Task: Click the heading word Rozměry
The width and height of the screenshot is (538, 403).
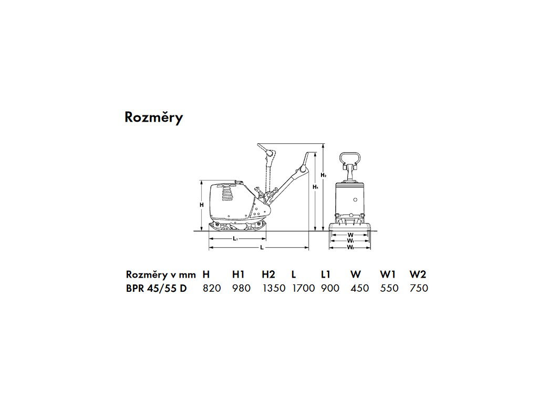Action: coord(153,118)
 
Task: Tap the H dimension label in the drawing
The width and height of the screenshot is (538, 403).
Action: coord(202,205)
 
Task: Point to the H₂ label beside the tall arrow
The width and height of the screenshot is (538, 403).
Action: coord(324,175)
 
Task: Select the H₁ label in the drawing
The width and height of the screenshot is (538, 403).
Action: coord(315,186)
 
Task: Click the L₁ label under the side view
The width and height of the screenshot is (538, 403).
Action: coord(235,239)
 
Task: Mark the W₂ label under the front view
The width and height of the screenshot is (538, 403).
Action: coord(350,247)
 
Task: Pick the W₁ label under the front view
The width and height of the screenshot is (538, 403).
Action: coord(350,241)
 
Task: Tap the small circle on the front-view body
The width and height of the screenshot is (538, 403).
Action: coord(356,200)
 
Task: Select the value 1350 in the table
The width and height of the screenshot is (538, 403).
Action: coord(273,288)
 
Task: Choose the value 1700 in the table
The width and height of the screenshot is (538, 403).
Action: coord(303,288)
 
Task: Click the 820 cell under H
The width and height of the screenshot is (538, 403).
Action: coord(212,288)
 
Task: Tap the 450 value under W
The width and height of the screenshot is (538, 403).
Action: coord(359,288)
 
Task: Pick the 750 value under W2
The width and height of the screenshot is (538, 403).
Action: coord(419,288)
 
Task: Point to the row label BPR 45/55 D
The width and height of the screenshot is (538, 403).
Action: coord(156,288)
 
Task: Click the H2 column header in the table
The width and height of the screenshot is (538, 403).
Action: coord(268,274)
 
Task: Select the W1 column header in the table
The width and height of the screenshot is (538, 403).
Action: coord(388,274)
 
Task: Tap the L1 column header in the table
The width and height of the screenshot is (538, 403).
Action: coord(326,274)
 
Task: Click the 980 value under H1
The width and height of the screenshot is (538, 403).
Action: coord(241,288)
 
